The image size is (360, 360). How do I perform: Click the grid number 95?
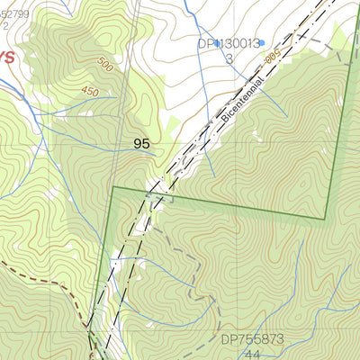pos(142,143)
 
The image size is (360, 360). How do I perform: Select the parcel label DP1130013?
pos(229,42)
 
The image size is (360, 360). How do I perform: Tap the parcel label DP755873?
pos(252,339)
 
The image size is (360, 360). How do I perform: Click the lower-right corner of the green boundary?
pos(325,219)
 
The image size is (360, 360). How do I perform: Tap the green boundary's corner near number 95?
pos(112,187)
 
